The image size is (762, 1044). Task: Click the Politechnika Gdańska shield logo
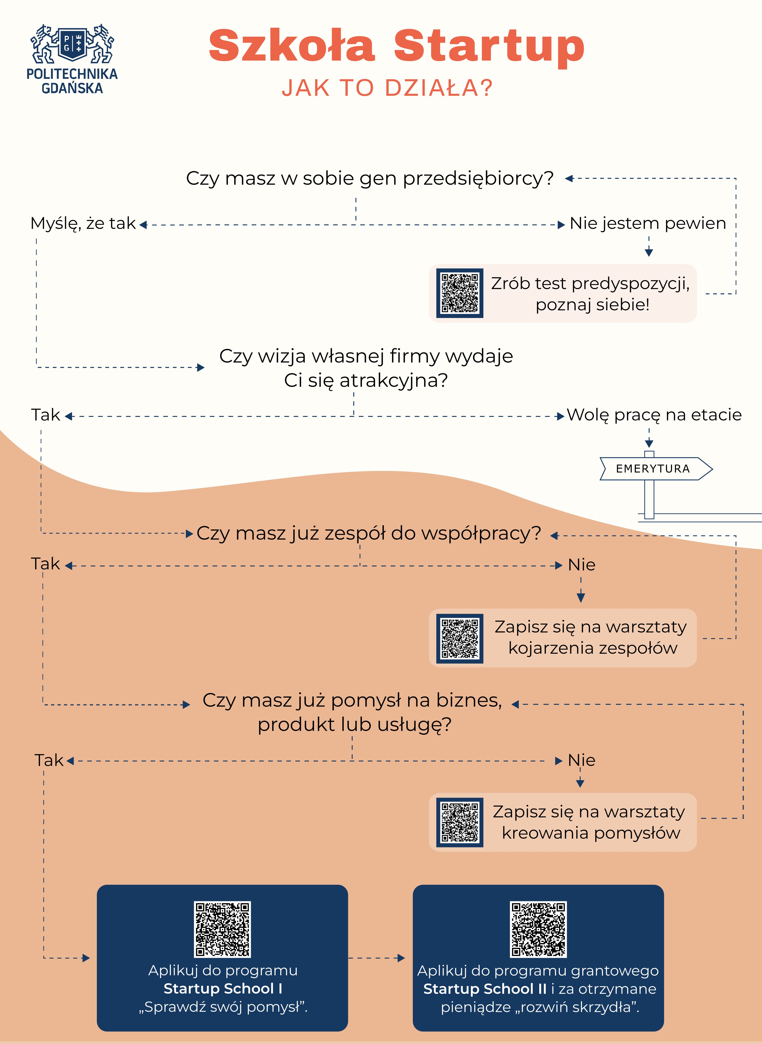point(72,44)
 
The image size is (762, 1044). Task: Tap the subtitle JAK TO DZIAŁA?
point(388,88)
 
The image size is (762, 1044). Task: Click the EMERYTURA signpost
point(653,469)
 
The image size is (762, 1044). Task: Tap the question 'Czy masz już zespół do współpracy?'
point(368,533)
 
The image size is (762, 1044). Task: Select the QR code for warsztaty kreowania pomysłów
point(459,822)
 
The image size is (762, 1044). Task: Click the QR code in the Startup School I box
point(222,929)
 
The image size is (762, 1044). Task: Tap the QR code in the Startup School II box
point(538,929)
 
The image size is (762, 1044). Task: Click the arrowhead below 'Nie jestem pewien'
point(648,252)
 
